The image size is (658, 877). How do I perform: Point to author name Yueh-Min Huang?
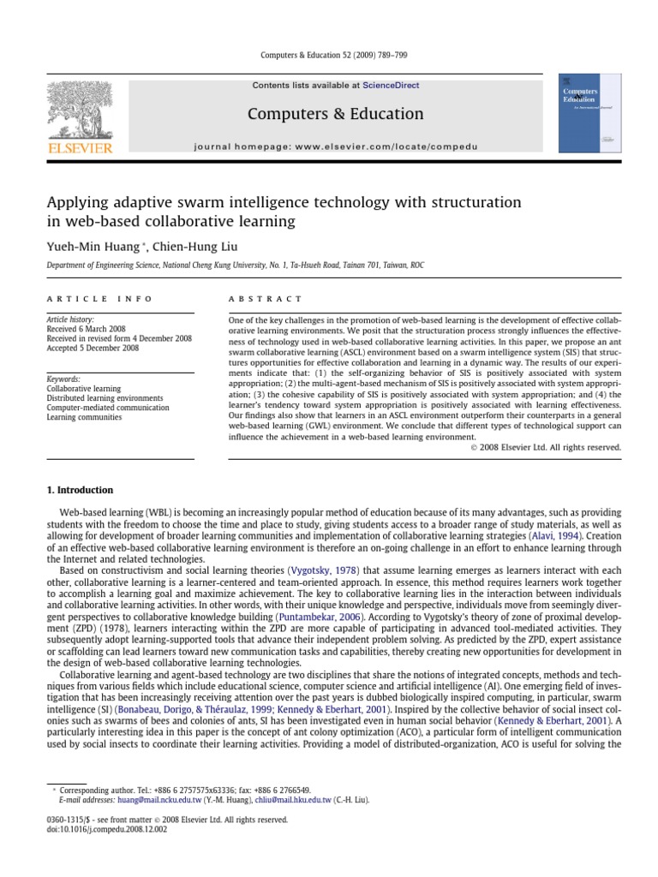point(84,247)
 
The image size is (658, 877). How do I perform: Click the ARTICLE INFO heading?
point(99,299)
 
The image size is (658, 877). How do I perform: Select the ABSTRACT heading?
point(265,299)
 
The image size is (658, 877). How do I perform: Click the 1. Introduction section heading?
point(79,491)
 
